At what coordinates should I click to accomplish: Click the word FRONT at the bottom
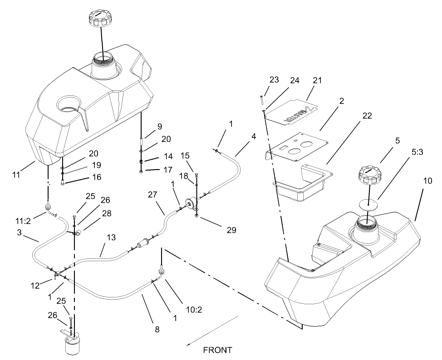[x=217, y=350]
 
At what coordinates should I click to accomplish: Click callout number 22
[x=367, y=116]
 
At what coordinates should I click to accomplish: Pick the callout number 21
[x=317, y=81]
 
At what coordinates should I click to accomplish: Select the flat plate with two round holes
[x=295, y=145]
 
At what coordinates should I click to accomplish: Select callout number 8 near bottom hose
[x=157, y=330]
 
